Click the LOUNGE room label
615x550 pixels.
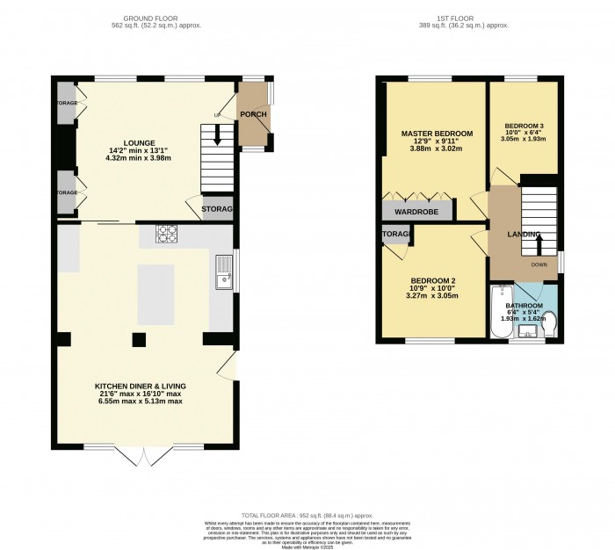pos(140,143)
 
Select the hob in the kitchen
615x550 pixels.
pos(167,233)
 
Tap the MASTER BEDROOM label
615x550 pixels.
pos(437,134)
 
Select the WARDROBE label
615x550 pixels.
pos(416,212)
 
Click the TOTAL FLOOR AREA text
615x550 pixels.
pos(307,516)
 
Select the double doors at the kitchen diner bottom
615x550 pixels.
pos(145,455)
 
